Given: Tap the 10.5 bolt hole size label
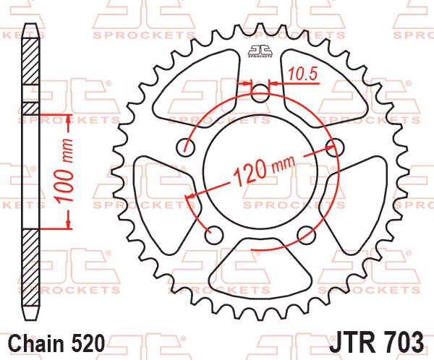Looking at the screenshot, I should click(301, 72).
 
